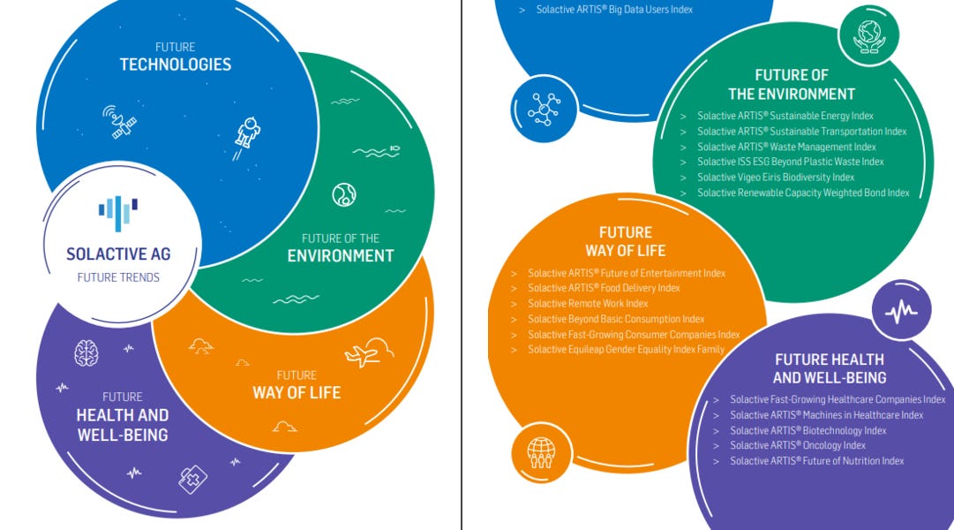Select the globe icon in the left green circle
click(x=344, y=195)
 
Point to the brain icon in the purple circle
click(x=86, y=353)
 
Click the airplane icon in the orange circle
click(x=362, y=356)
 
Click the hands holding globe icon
click(x=868, y=35)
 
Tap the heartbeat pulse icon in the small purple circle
click(x=901, y=312)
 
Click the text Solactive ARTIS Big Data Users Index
click(x=614, y=10)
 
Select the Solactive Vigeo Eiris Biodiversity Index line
click(x=776, y=177)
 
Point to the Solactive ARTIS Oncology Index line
click(x=798, y=445)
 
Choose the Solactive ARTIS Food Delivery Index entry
click(x=604, y=288)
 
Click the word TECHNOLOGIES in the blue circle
click(x=176, y=64)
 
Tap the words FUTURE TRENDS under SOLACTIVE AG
click(x=118, y=276)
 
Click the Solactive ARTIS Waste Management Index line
click(x=786, y=147)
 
